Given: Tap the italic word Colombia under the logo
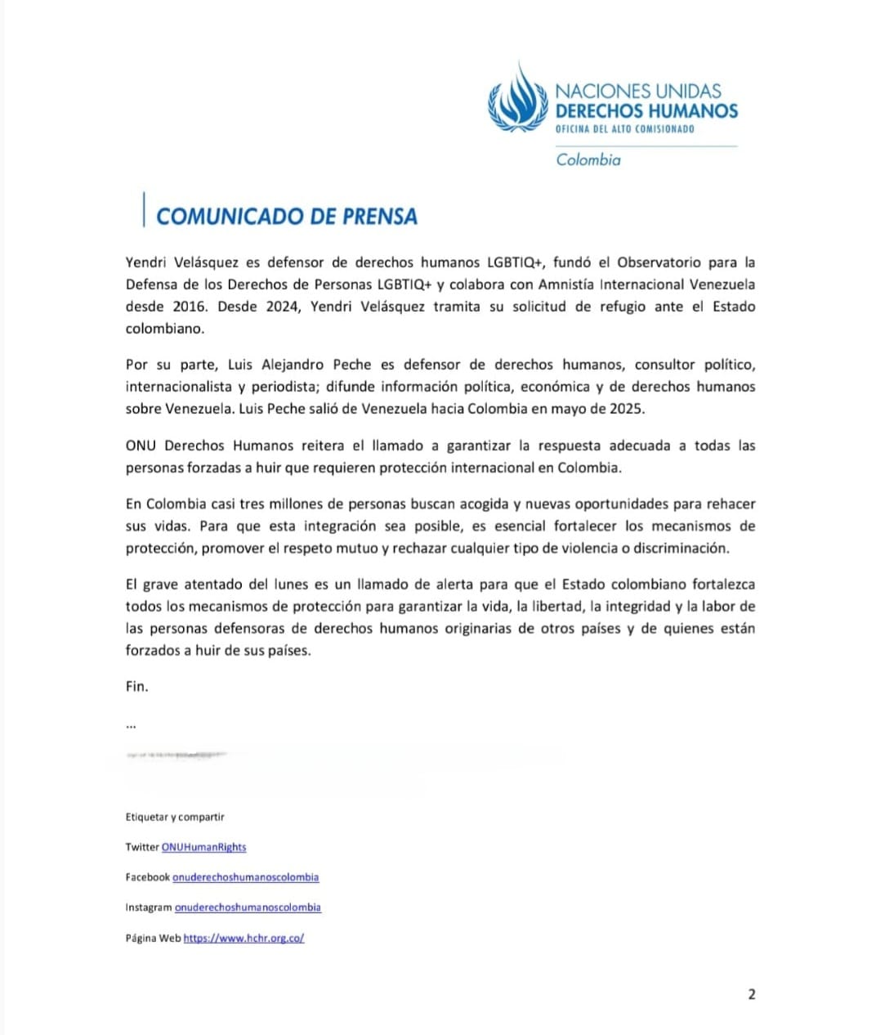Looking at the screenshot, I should [588, 160].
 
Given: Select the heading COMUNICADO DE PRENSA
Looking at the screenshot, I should [287, 217].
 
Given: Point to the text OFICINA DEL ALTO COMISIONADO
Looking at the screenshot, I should [624, 129].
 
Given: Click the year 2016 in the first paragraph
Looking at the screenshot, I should [190, 307].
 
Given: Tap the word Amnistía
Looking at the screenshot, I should [567, 285].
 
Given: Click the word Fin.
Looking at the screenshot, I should [136, 687].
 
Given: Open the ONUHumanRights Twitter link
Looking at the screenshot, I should [203, 848].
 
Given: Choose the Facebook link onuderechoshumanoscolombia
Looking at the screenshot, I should [245, 877].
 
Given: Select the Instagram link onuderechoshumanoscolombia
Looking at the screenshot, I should [248, 907].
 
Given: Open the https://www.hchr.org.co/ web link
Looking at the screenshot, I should [244, 939].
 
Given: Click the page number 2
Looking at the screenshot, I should [752, 995].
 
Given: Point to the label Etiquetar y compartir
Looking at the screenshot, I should [175, 818].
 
